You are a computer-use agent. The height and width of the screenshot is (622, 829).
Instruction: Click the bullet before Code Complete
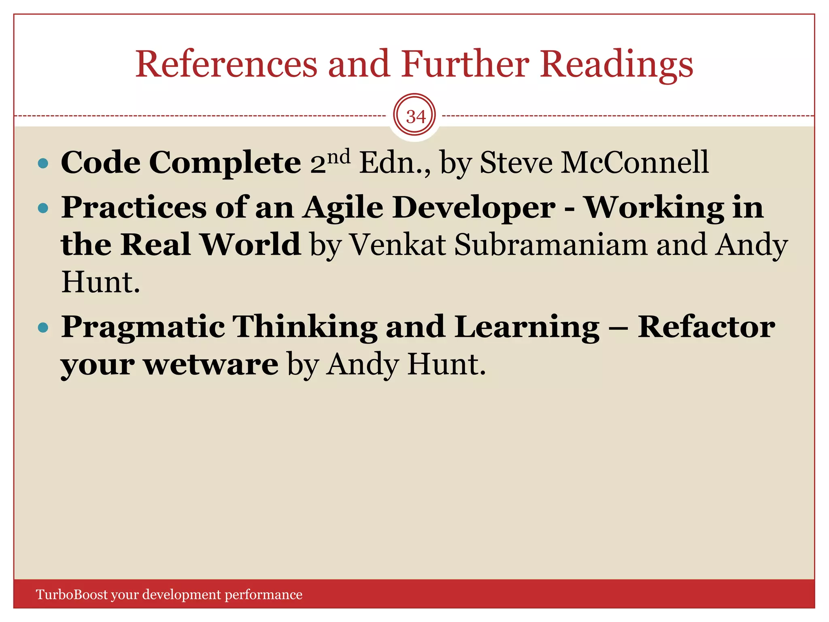[x=43, y=164]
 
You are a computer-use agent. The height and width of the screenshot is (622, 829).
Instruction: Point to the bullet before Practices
[x=43, y=209]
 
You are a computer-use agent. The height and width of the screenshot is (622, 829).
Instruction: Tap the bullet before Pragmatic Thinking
[x=43, y=327]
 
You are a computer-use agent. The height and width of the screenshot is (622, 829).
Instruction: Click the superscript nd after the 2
[x=339, y=156]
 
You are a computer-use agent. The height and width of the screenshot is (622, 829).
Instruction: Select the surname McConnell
[x=635, y=163]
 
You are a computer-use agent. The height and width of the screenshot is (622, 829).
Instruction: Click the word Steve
[x=516, y=163]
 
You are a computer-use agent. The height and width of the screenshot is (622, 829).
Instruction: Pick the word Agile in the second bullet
[x=343, y=208]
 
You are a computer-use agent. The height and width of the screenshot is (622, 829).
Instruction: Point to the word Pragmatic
[x=143, y=327]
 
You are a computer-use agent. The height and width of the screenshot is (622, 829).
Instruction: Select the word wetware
[x=211, y=364]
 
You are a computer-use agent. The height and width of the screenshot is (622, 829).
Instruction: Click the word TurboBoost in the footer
[x=72, y=594]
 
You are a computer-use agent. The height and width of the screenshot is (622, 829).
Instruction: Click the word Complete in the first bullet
[x=225, y=163]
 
